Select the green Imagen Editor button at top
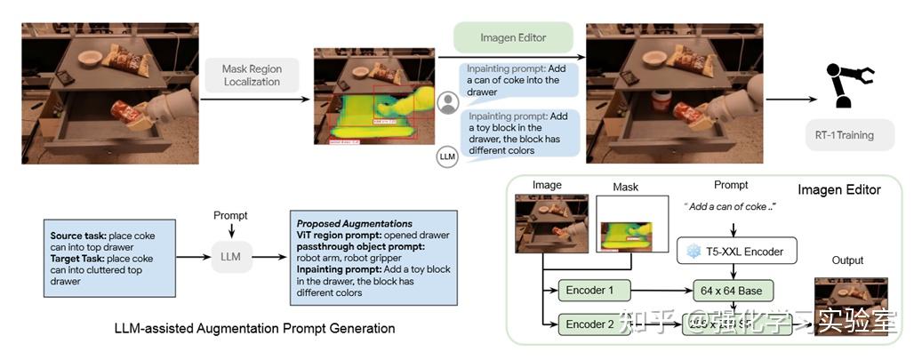tap(513, 37)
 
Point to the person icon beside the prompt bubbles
tap(449, 101)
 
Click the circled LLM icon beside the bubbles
tap(449, 157)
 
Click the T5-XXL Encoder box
tap(737, 252)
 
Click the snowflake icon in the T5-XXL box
tap(694, 252)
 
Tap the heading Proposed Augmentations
tap(341, 223)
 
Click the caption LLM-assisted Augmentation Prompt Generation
tap(254, 329)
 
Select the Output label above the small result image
tap(847, 260)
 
